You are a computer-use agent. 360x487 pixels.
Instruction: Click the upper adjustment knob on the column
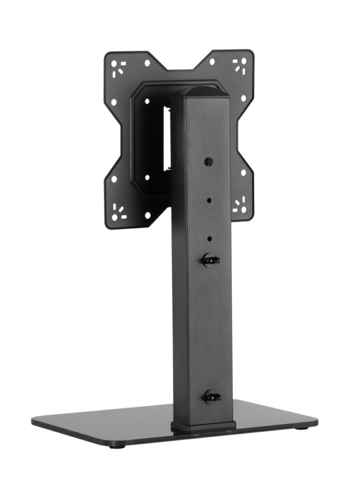point(210,260)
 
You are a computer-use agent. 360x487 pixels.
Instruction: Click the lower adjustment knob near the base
point(212,396)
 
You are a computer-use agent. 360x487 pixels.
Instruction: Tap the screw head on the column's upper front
point(208,162)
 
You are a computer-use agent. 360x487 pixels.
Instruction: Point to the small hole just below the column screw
point(209,201)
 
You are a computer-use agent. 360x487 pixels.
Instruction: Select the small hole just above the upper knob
point(210,239)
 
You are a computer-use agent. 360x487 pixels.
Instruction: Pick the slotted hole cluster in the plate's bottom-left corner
point(117,211)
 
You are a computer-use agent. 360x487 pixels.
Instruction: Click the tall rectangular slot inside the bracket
point(166,138)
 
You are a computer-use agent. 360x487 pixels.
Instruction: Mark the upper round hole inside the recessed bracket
point(147,101)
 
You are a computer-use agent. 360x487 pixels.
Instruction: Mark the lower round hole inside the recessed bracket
point(147,177)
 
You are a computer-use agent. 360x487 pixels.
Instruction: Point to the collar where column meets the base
point(203,425)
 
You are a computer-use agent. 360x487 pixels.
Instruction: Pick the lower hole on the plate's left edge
point(114,179)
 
